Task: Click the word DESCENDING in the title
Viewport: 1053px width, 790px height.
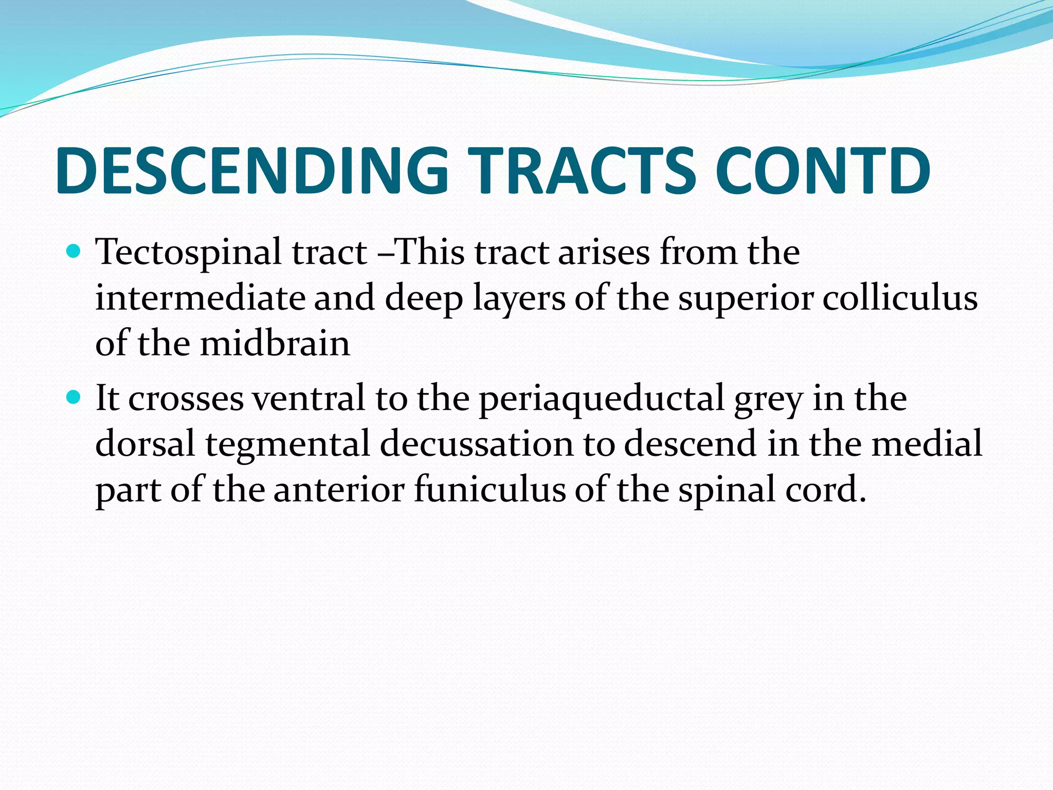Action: pyautogui.click(x=252, y=171)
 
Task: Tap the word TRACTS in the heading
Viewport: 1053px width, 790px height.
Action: pyautogui.click(x=581, y=171)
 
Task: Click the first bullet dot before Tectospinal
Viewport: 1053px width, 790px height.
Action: pyautogui.click(x=74, y=252)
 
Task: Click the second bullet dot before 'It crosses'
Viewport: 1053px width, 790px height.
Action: pyautogui.click(x=74, y=397)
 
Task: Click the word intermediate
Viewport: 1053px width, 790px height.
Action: pyautogui.click(x=200, y=298)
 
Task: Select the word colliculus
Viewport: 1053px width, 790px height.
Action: pyautogui.click(x=900, y=298)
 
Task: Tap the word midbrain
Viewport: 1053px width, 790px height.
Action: pyautogui.click(x=275, y=344)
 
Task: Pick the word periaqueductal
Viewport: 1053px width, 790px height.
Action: pyautogui.click(x=602, y=399)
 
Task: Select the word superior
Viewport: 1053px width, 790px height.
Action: pyautogui.click(x=746, y=299)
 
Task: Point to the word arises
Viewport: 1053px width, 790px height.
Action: pyautogui.click(x=604, y=253)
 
